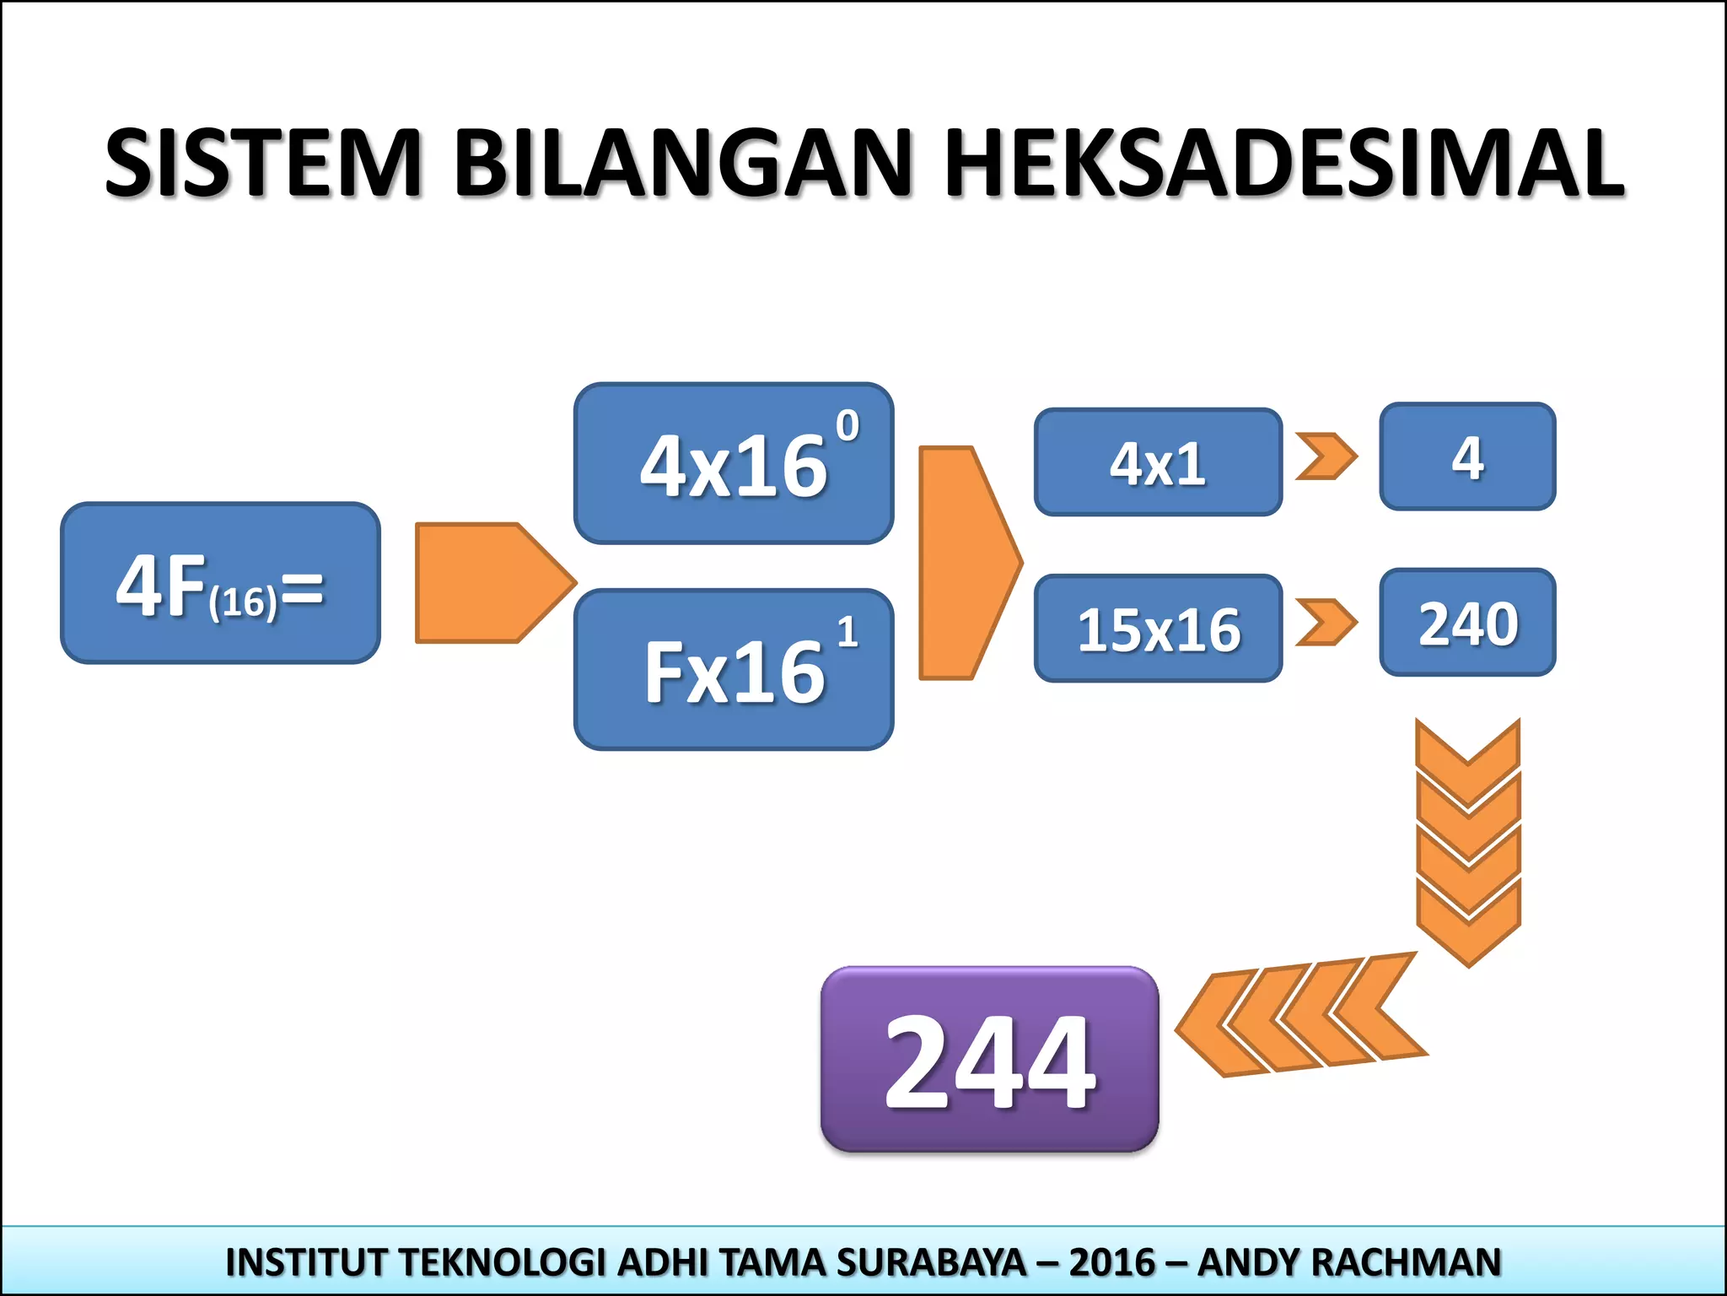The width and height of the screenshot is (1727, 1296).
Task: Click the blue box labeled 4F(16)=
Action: pos(220,583)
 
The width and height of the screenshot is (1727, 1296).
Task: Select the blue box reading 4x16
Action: pos(734,464)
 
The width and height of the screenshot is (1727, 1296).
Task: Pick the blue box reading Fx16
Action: pos(734,670)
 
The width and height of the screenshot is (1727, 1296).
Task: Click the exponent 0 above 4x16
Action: pos(847,426)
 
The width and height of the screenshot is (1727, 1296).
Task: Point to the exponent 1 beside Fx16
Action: pos(847,632)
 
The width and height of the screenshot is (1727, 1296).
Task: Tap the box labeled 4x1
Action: pos(1158,462)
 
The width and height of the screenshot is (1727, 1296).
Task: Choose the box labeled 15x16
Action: pos(1158,629)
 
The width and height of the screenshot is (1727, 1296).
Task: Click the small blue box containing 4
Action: pos(1467,456)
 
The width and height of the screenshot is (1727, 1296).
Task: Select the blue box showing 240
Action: pos(1467,623)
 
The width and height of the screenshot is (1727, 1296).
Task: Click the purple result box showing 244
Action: pos(989,1060)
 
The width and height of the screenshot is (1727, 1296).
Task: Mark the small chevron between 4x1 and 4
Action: pos(1326,456)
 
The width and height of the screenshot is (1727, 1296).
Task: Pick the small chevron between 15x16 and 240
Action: pos(1326,623)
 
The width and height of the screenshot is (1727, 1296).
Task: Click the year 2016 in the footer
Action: pos(1111,1262)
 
